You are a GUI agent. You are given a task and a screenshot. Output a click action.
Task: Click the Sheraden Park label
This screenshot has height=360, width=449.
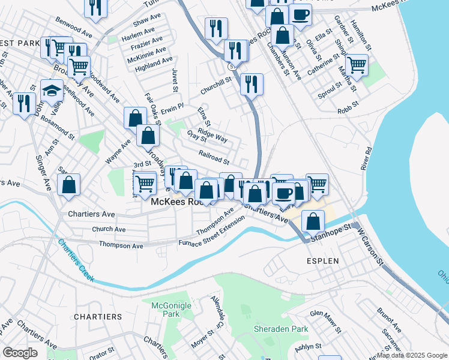[281, 329]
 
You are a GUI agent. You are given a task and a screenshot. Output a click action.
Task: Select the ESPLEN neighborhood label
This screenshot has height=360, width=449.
[322, 261]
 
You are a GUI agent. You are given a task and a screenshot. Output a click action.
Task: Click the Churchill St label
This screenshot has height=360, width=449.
[216, 82]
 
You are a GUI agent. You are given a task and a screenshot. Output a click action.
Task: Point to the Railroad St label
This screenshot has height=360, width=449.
[214, 157]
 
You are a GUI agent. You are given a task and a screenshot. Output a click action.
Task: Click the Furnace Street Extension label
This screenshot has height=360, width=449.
[212, 231]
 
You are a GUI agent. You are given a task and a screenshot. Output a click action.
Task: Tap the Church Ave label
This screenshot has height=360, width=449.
[109, 229]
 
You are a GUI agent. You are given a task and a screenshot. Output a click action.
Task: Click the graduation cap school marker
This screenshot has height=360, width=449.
[52, 89]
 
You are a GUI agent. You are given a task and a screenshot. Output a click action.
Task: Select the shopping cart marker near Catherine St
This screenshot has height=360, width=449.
[357, 64]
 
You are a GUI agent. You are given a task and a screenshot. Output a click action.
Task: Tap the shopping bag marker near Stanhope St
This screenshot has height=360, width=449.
[313, 220]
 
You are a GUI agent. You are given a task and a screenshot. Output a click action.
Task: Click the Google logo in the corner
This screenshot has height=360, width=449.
[20, 353]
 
